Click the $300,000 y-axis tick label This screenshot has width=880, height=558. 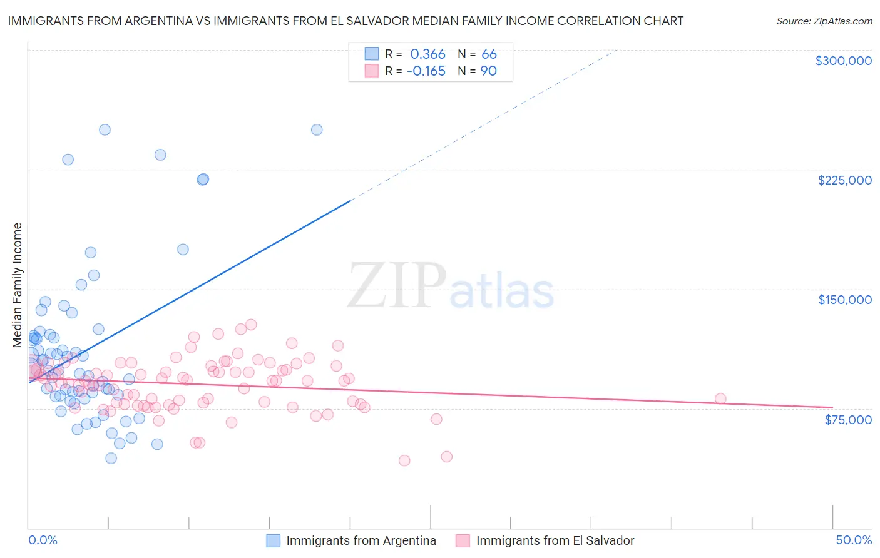pyautogui.click(x=843, y=61)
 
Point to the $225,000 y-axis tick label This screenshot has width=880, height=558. pyautogui.click(x=844, y=180)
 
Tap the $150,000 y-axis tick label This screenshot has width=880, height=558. pyautogui.click(x=844, y=300)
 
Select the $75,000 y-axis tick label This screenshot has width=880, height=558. pyautogui.click(x=847, y=419)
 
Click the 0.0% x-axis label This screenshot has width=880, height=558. pyautogui.click(x=43, y=540)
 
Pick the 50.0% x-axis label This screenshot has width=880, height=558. pyautogui.click(x=854, y=540)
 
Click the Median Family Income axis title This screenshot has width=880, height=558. pyautogui.click(x=17, y=285)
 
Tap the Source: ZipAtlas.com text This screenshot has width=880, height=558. pyautogui.click(x=824, y=21)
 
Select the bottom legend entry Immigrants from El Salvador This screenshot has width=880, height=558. pyautogui.click(x=555, y=540)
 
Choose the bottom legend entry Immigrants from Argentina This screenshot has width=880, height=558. pyautogui.click(x=361, y=540)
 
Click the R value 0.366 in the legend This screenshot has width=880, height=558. pyautogui.click(x=427, y=54)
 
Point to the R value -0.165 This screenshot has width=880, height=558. pyautogui.click(x=426, y=71)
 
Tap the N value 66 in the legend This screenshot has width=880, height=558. pyautogui.click(x=489, y=54)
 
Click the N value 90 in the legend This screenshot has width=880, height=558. pyautogui.click(x=488, y=71)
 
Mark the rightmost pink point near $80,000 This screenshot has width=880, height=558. pyautogui.click(x=720, y=399)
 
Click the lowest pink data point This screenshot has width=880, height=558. pyautogui.click(x=404, y=460)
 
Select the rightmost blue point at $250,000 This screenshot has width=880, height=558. pyautogui.click(x=317, y=130)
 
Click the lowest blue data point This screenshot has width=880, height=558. pyautogui.click(x=111, y=458)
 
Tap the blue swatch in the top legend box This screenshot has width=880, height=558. pyautogui.click(x=372, y=54)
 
